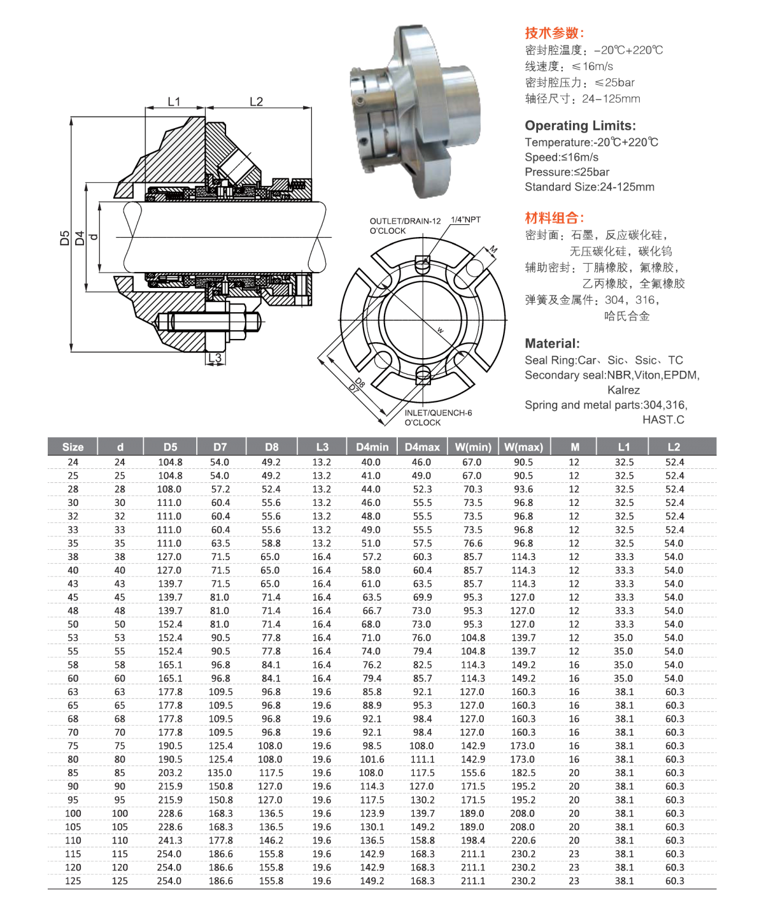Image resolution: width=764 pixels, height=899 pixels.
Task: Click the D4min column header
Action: (x=371, y=447)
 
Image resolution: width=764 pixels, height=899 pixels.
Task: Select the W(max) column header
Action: (x=523, y=447)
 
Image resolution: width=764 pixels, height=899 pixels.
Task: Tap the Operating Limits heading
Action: (x=580, y=126)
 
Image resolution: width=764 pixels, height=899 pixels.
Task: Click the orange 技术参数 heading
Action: (x=554, y=33)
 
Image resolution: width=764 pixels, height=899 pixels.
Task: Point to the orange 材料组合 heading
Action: (x=554, y=218)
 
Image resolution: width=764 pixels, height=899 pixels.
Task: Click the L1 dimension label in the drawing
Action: (x=174, y=101)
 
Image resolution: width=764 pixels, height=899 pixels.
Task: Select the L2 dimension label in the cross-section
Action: (x=257, y=101)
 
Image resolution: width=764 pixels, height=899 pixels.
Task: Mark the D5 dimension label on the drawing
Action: (x=64, y=239)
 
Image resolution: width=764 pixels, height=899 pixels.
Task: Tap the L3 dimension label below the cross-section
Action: (x=215, y=359)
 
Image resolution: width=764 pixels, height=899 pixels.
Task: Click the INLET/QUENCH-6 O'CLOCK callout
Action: (x=438, y=417)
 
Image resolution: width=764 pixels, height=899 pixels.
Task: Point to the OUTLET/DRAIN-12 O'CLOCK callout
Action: (x=406, y=226)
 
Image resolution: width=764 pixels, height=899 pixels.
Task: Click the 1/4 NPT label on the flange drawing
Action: (x=466, y=219)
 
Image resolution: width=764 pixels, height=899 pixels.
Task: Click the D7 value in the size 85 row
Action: (x=220, y=773)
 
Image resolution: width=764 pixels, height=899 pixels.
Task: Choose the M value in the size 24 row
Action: (x=574, y=462)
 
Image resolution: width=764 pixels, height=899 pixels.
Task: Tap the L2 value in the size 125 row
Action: (x=674, y=881)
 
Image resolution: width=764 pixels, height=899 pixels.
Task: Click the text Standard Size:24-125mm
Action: (x=589, y=187)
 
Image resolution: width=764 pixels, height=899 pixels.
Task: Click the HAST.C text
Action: (x=663, y=419)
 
